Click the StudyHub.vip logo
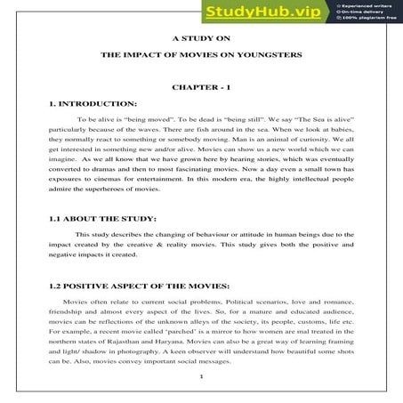(262, 12)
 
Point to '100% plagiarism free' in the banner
(369, 19)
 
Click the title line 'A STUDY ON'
(201, 38)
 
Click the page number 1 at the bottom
(201, 377)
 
